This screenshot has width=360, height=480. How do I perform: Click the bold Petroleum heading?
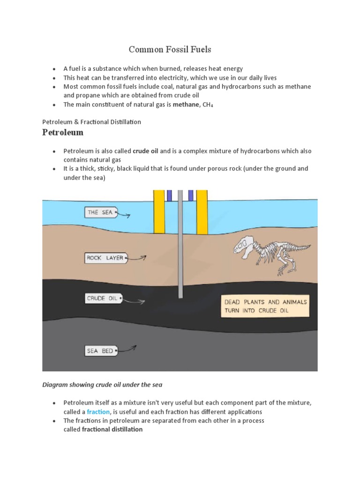63,133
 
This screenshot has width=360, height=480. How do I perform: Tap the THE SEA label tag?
100,212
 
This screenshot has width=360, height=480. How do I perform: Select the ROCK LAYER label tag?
105,258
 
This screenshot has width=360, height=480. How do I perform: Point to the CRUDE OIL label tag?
103,298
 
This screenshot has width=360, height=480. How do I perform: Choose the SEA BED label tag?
100,350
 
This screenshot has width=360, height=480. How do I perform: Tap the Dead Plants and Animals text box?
265,306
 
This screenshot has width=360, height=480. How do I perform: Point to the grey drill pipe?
180,244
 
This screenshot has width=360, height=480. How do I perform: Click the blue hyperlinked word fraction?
98,412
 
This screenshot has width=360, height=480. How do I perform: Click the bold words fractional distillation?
112,429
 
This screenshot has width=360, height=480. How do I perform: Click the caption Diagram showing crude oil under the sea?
102,385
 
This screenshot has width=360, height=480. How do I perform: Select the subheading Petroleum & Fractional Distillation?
91,122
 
